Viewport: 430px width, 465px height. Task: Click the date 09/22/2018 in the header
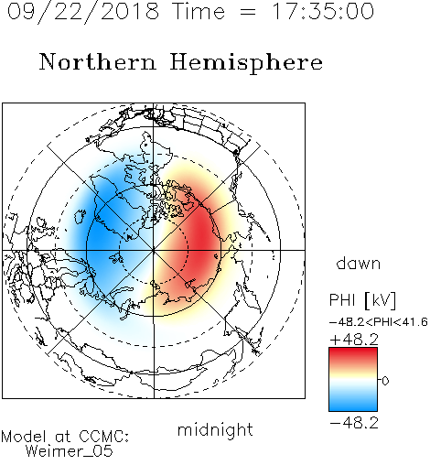point(83,12)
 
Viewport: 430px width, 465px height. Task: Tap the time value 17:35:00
point(323,11)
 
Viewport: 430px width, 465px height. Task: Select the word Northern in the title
point(98,61)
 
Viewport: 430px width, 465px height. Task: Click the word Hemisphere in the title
point(246,63)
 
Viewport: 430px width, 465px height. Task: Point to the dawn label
point(359,263)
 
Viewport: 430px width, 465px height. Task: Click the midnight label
point(215,429)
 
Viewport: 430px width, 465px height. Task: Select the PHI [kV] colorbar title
point(362,300)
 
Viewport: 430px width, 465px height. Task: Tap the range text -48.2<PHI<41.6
point(379,322)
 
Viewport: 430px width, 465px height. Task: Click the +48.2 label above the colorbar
point(354,340)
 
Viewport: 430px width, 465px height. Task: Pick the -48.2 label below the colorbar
point(354,423)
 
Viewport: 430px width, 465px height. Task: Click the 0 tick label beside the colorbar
point(385,381)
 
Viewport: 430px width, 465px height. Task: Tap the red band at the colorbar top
point(353,354)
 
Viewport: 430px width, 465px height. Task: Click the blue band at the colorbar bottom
point(353,405)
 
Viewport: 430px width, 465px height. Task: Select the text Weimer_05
point(70,450)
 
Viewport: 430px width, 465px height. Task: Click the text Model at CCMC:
point(65,437)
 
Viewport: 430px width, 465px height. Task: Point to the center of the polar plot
point(154,250)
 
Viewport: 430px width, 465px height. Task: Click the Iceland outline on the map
point(80,216)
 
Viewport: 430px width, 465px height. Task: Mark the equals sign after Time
point(248,12)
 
